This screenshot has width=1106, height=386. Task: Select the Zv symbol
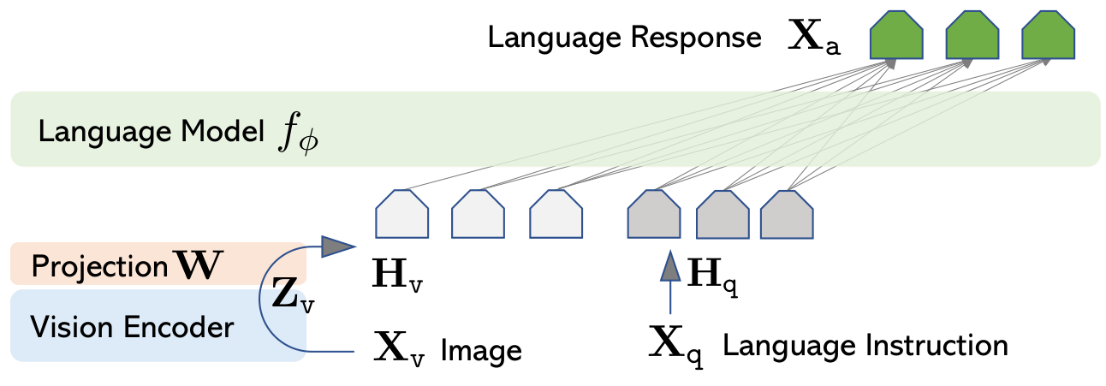[290, 294]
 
